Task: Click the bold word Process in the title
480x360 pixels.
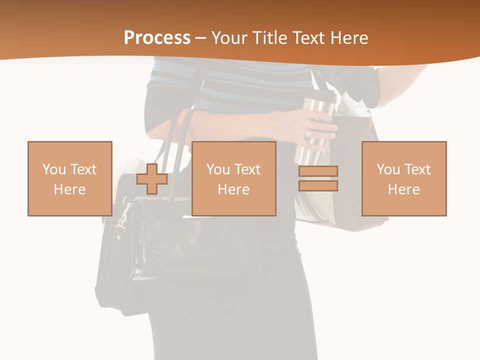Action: [157, 37]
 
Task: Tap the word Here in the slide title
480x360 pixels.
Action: [348, 37]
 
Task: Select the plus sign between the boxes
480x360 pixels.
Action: [152, 178]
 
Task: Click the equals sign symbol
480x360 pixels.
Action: [318, 178]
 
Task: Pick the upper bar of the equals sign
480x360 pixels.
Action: [318, 171]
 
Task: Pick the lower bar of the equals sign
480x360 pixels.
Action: [318, 186]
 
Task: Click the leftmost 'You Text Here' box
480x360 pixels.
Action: [70, 178]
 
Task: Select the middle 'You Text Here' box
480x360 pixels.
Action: [233, 178]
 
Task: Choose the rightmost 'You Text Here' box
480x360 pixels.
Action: [404, 178]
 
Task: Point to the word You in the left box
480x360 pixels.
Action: [54, 169]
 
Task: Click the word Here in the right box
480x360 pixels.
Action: [404, 189]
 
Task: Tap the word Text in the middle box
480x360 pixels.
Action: [247, 169]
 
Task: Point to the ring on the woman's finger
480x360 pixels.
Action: [308, 133]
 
